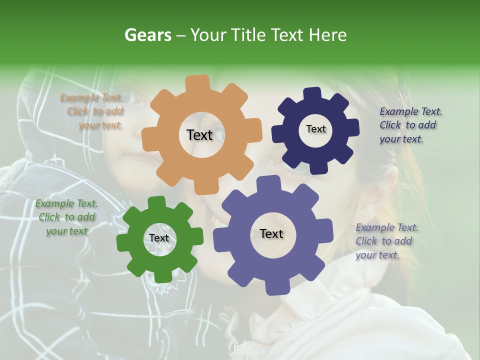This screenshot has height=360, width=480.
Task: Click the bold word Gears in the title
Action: [x=147, y=35]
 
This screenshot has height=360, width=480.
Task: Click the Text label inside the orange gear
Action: [x=199, y=135]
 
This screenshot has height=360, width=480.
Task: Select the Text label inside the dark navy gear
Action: [x=315, y=129]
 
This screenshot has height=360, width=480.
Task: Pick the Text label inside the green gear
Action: [x=159, y=238]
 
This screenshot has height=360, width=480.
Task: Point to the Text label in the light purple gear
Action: [x=271, y=234]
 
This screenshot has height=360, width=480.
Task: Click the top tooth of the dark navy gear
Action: [x=313, y=94]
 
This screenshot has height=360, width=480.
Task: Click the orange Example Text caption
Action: [x=92, y=111]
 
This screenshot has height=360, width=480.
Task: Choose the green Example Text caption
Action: [x=66, y=217]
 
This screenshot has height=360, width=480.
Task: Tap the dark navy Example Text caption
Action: [x=410, y=125]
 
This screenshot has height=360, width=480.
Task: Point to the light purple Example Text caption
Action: [x=386, y=241]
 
